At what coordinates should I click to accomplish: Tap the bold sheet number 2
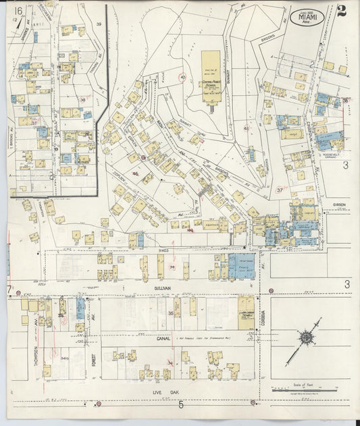[342, 11]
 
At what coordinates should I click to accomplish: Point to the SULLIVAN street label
[145, 287]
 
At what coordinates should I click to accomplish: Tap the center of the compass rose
[307, 337]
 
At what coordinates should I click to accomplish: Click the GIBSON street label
[339, 204]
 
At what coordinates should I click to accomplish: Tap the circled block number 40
[184, 78]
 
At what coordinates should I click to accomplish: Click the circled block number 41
[246, 128]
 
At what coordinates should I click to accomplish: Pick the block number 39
[99, 24]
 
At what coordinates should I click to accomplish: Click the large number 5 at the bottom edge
[180, 405]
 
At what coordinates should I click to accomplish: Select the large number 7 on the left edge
[9, 290]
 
